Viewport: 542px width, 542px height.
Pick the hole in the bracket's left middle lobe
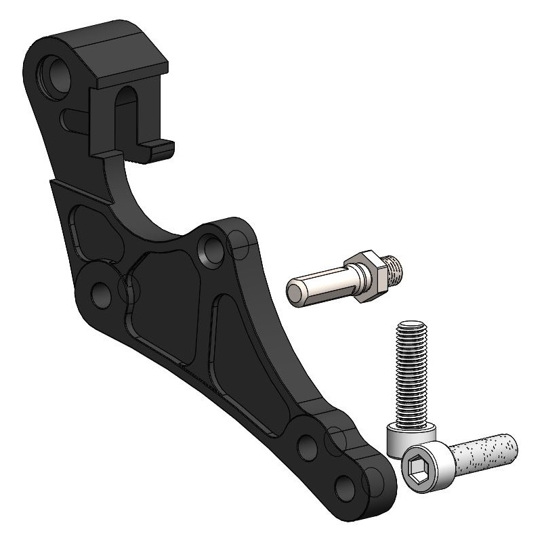[100, 293]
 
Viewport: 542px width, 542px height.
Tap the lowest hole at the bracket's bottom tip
[346, 487]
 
